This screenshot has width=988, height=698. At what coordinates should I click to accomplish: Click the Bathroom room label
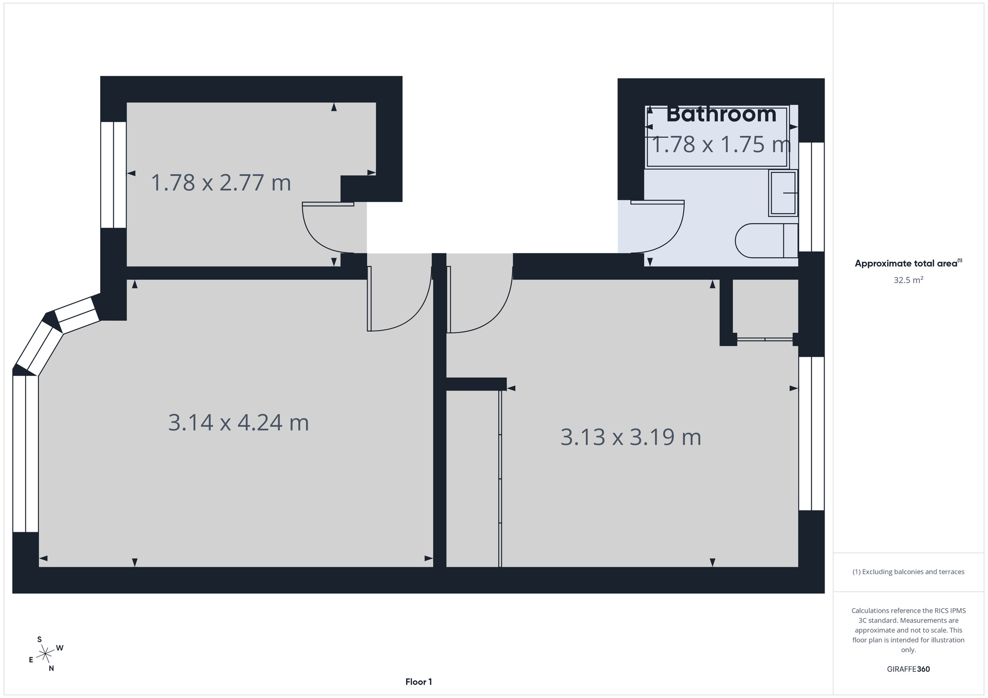[721, 114]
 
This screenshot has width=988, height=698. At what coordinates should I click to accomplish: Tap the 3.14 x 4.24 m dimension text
[239, 423]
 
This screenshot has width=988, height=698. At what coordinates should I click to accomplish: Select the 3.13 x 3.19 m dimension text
[631, 437]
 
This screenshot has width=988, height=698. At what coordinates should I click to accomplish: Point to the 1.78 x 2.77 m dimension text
[221, 183]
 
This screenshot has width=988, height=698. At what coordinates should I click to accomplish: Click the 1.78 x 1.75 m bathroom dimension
[722, 145]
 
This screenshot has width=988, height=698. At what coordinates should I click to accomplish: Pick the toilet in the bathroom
[766, 240]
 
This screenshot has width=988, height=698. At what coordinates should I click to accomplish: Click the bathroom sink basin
[783, 193]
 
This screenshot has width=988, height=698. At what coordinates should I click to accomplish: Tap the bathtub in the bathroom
[716, 137]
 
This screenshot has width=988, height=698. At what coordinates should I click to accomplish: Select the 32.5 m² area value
[908, 280]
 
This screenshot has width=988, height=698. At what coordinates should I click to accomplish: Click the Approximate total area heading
[908, 263]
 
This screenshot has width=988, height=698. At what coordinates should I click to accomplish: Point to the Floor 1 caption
[419, 682]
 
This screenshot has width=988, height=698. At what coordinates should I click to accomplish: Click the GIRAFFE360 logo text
[908, 669]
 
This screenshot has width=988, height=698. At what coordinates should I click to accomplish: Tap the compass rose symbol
[45, 654]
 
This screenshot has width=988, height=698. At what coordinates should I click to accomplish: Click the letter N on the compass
[51, 668]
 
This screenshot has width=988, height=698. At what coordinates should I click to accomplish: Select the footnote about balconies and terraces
[908, 572]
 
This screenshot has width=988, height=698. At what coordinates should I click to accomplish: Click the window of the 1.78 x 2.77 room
[114, 175]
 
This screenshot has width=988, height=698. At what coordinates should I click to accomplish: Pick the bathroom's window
[812, 197]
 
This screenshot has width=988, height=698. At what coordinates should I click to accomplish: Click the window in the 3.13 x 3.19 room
[812, 433]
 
